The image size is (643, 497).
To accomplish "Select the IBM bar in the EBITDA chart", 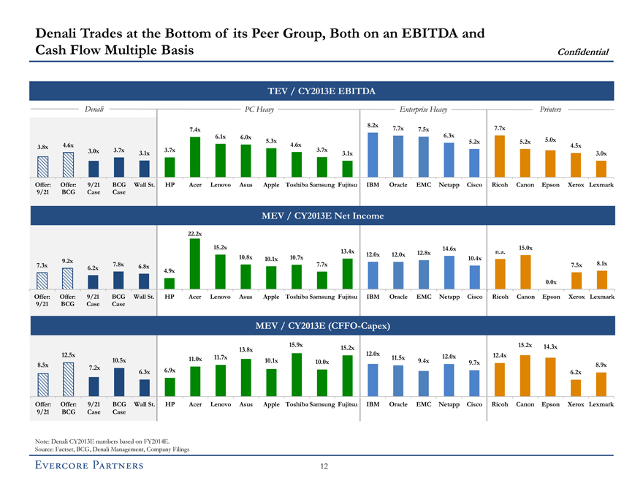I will (x=373, y=155).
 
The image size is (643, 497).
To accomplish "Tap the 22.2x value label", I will (x=195, y=233).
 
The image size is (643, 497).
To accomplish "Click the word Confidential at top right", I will (x=585, y=50).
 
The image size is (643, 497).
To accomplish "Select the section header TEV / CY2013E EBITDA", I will (x=321, y=91).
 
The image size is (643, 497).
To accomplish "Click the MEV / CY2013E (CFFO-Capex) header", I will (x=321, y=325).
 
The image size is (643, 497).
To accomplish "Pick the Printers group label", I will (x=551, y=109).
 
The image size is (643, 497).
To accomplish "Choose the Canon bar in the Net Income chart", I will (x=525, y=272).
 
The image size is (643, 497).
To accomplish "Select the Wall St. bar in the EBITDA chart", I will (x=145, y=169).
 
